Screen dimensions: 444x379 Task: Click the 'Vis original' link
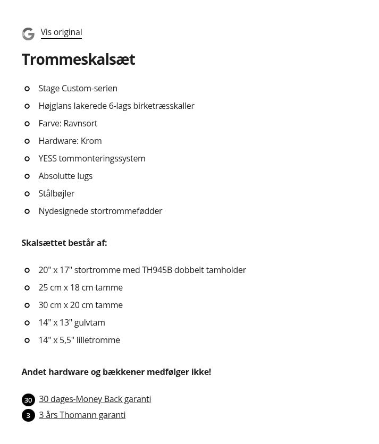pos(61,32)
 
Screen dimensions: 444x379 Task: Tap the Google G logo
pos(28,34)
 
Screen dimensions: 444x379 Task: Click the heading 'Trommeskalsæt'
pos(78,59)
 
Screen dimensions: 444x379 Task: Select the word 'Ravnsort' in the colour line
pos(80,123)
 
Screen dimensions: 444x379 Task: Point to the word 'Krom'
pos(91,141)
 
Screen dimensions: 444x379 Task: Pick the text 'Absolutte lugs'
pos(65,176)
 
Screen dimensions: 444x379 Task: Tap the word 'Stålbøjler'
pos(56,193)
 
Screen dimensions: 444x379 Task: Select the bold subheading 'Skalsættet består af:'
pos(64,243)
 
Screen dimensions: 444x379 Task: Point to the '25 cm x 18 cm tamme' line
pos(80,287)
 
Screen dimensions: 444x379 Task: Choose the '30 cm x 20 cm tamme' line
pos(80,305)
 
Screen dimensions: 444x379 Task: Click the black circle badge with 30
pos(28,400)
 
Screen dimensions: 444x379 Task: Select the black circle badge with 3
pos(28,415)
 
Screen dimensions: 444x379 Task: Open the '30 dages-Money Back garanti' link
pos(95,399)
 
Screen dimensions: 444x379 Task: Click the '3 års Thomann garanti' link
pos(82,415)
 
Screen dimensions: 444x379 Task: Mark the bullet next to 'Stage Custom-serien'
pos(27,89)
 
